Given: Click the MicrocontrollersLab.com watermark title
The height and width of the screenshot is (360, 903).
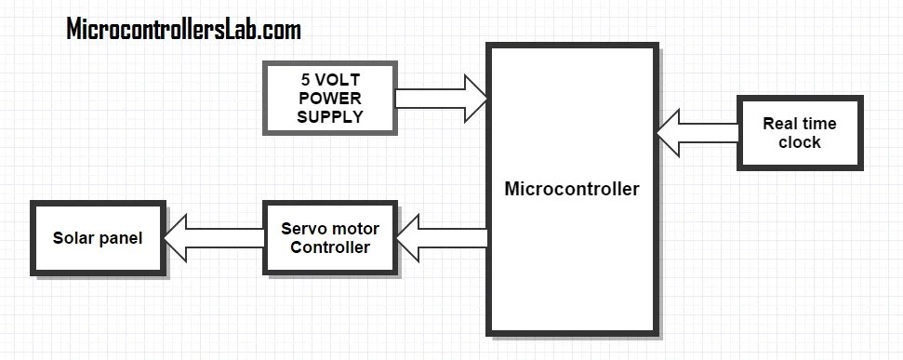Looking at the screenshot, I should (183, 30).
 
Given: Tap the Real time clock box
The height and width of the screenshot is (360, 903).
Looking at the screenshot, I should (799, 133).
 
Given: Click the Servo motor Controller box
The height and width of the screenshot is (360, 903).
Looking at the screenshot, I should (329, 237).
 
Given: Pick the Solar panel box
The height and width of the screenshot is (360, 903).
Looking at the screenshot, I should (98, 238).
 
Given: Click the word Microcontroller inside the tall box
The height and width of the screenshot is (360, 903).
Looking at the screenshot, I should (571, 189).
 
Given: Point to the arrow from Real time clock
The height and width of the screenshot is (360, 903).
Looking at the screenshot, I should (697, 133).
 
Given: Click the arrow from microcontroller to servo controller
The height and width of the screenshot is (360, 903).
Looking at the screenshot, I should (442, 238).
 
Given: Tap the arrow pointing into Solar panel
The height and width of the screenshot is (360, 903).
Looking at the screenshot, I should (214, 238).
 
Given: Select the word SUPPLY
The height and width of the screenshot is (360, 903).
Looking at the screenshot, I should (329, 115).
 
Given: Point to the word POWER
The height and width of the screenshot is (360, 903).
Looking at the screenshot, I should (329, 99).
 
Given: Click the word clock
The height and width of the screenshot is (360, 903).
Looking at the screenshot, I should (799, 142).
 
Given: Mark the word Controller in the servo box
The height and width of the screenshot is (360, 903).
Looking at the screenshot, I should (329, 247).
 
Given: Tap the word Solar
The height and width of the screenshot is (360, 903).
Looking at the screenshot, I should (74, 238).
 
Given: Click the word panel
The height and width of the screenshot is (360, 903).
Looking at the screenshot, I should (122, 239).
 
